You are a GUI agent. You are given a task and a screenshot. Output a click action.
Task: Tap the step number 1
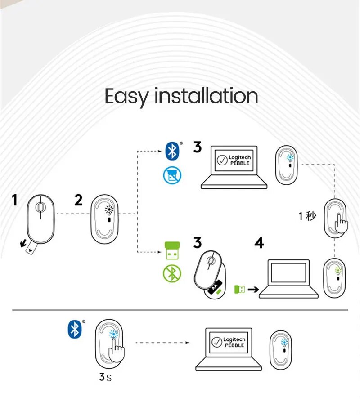[x=15, y=200]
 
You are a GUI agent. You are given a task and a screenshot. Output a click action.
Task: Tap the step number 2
[x=79, y=200]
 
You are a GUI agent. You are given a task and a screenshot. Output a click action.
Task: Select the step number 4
[x=259, y=243]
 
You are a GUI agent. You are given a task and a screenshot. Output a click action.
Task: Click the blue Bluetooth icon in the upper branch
[x=172, y=151]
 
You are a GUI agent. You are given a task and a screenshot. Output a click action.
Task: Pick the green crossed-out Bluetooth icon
[x=171, y=273]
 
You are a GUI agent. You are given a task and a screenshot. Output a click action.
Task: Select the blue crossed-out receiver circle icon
[x=171, y=174]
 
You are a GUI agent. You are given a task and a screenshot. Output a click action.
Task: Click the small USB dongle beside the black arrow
[x=239, y=290]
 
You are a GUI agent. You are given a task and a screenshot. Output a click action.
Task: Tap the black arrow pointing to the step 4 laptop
[x=253, y=290]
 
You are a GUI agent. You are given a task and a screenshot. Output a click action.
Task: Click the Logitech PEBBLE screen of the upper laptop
[x=234, y=161]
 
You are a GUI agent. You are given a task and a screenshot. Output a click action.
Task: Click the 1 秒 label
[x=308, y=216]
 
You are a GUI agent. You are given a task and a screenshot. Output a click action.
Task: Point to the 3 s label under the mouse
[x=105, y=377]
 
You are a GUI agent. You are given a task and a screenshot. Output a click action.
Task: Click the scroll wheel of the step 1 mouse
[x=40, y=207]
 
